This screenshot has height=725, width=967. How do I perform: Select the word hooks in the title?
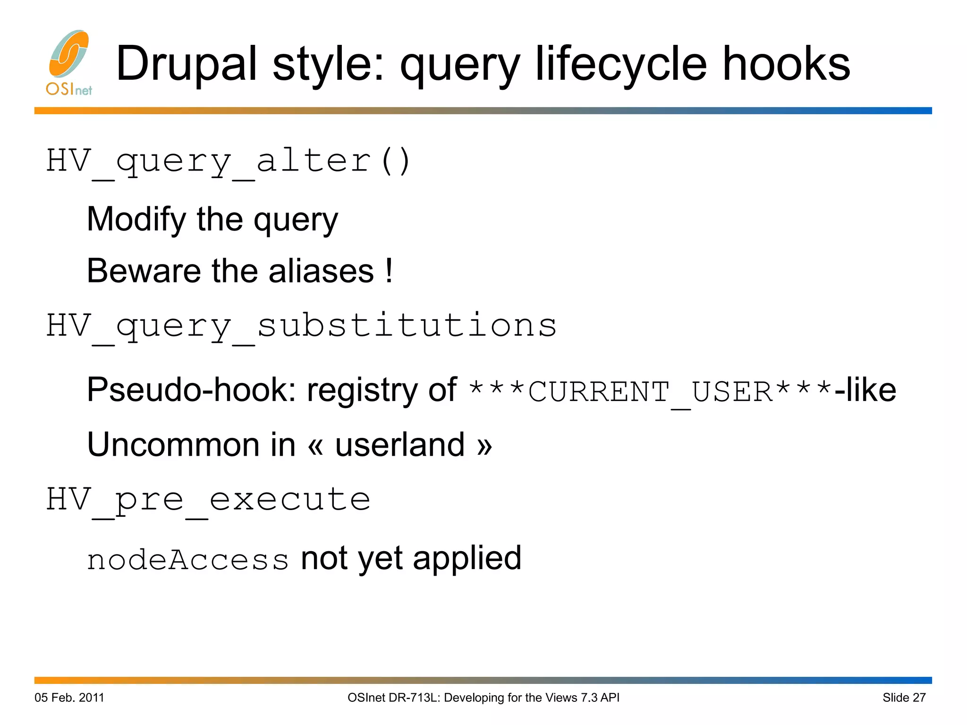[x=786, y=64]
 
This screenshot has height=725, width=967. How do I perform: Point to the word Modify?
[x=136, y=220]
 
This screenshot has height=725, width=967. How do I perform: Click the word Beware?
[x=143, y=271]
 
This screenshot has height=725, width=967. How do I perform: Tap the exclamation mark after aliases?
[x=389, y=271]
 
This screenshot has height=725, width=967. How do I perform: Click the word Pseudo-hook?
[x=191, y=391]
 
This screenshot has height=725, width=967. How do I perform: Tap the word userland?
[x=400, y=445]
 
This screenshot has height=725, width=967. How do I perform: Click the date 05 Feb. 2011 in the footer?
[x=69, y=698]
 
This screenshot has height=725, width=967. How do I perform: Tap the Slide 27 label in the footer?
[x=904, y=698]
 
